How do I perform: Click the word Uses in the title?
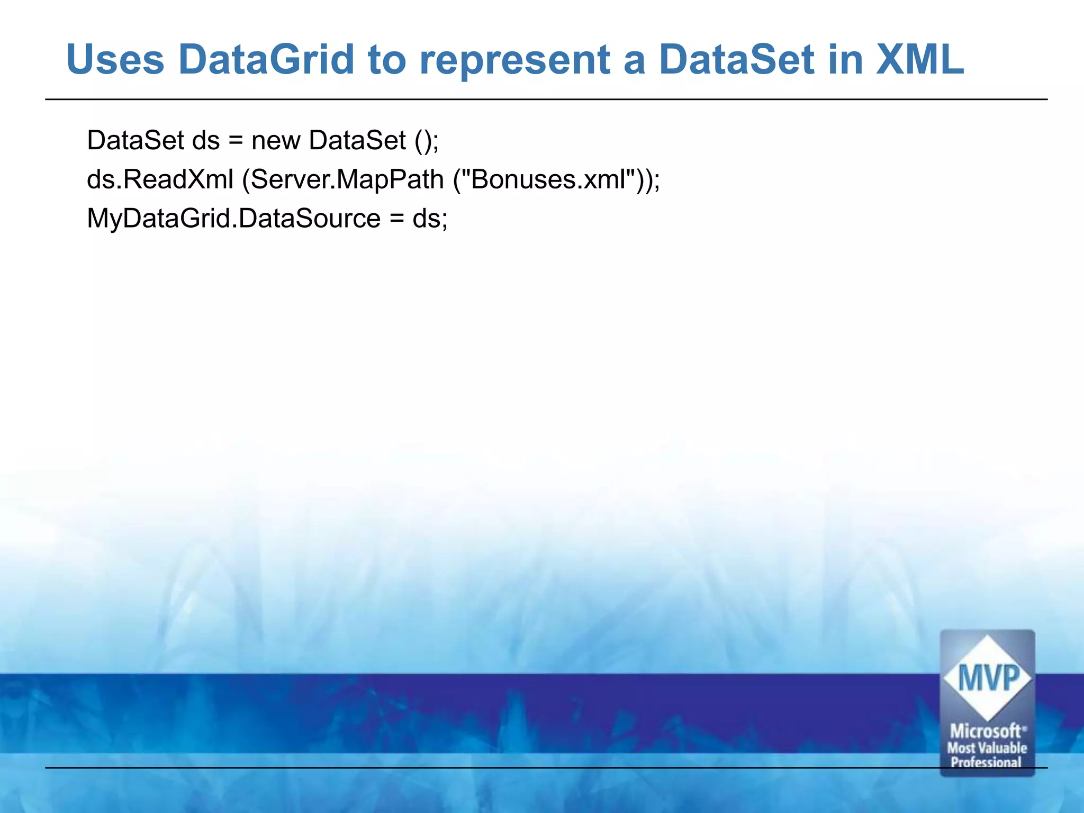tap(115, 59)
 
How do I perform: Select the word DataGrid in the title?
tap(266, 59)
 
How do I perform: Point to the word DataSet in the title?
tap(736, 59)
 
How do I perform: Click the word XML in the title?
tap(920, 59)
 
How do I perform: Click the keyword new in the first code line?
tap(275, 141)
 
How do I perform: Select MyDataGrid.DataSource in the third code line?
tap(233, 219)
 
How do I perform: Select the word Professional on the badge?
tap(986, 762)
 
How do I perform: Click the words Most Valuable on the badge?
tap(987, 748)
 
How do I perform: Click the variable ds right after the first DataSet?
tap(205, 141)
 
